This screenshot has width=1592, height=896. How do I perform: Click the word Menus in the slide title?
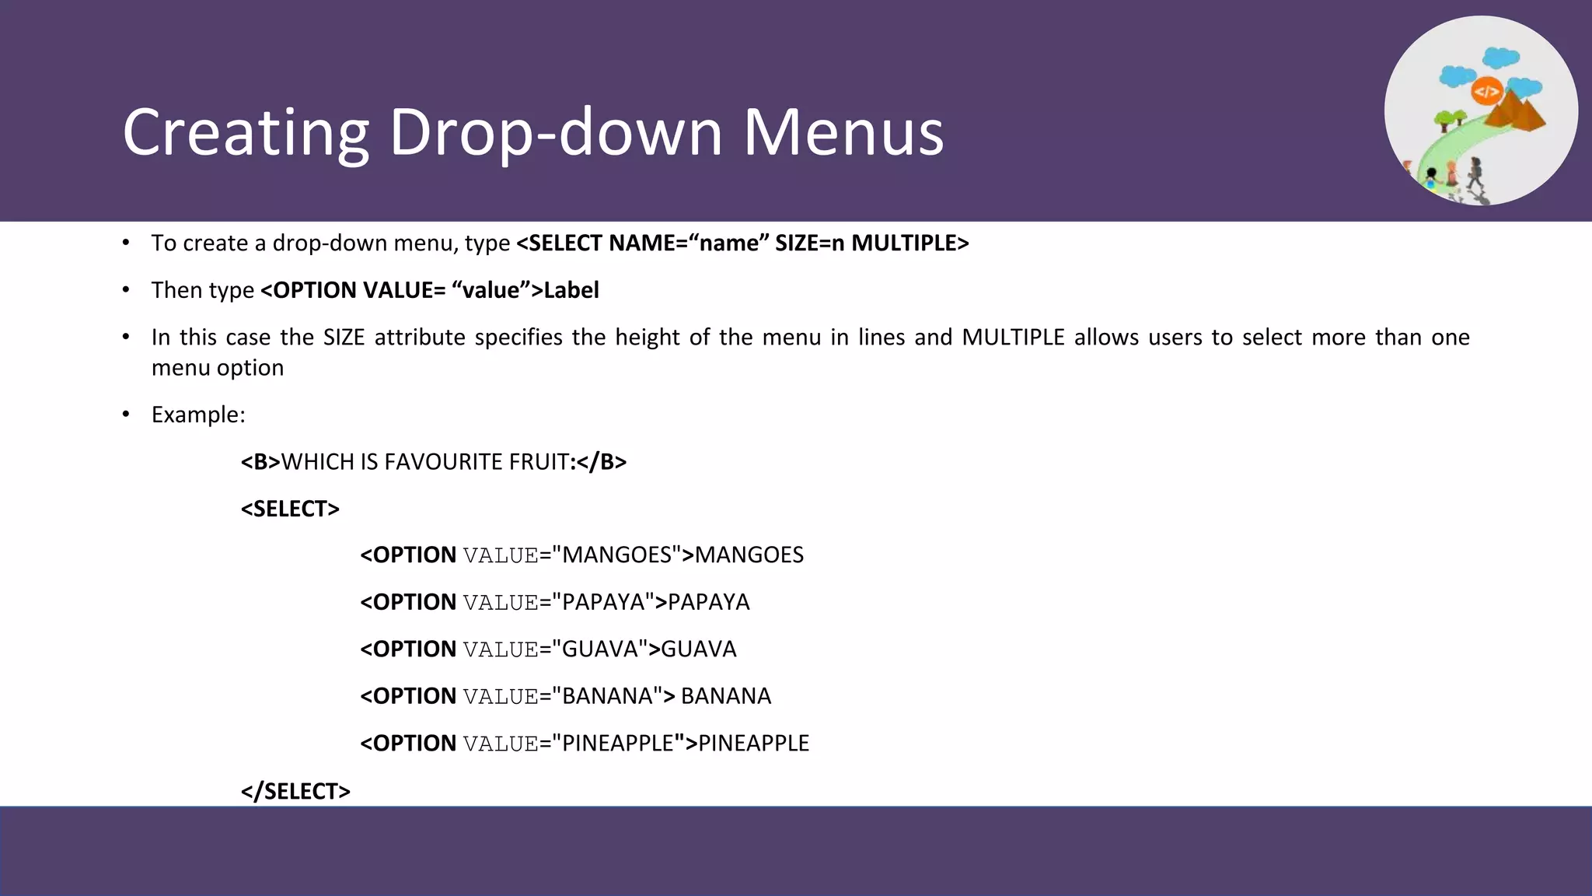[843, 132]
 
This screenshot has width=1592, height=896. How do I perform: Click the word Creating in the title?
[246, 132]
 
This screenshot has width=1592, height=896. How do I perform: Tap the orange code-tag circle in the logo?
[1486, 92]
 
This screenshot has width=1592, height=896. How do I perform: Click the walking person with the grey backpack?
[1475, 173]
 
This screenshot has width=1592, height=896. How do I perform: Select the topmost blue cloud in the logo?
[1501, 57]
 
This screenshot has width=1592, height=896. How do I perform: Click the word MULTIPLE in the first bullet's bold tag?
[909, 243]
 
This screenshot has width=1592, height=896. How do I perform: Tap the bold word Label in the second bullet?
[571, 290]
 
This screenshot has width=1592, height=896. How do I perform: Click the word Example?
[198, 415]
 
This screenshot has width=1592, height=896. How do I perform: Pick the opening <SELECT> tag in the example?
[290, 509]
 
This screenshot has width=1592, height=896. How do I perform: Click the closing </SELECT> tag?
[295, 791]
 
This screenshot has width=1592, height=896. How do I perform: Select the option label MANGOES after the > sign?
[749, 555]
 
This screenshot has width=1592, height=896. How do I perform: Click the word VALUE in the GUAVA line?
[501, 649]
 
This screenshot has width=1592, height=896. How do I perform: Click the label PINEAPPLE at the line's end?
[753, 744]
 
